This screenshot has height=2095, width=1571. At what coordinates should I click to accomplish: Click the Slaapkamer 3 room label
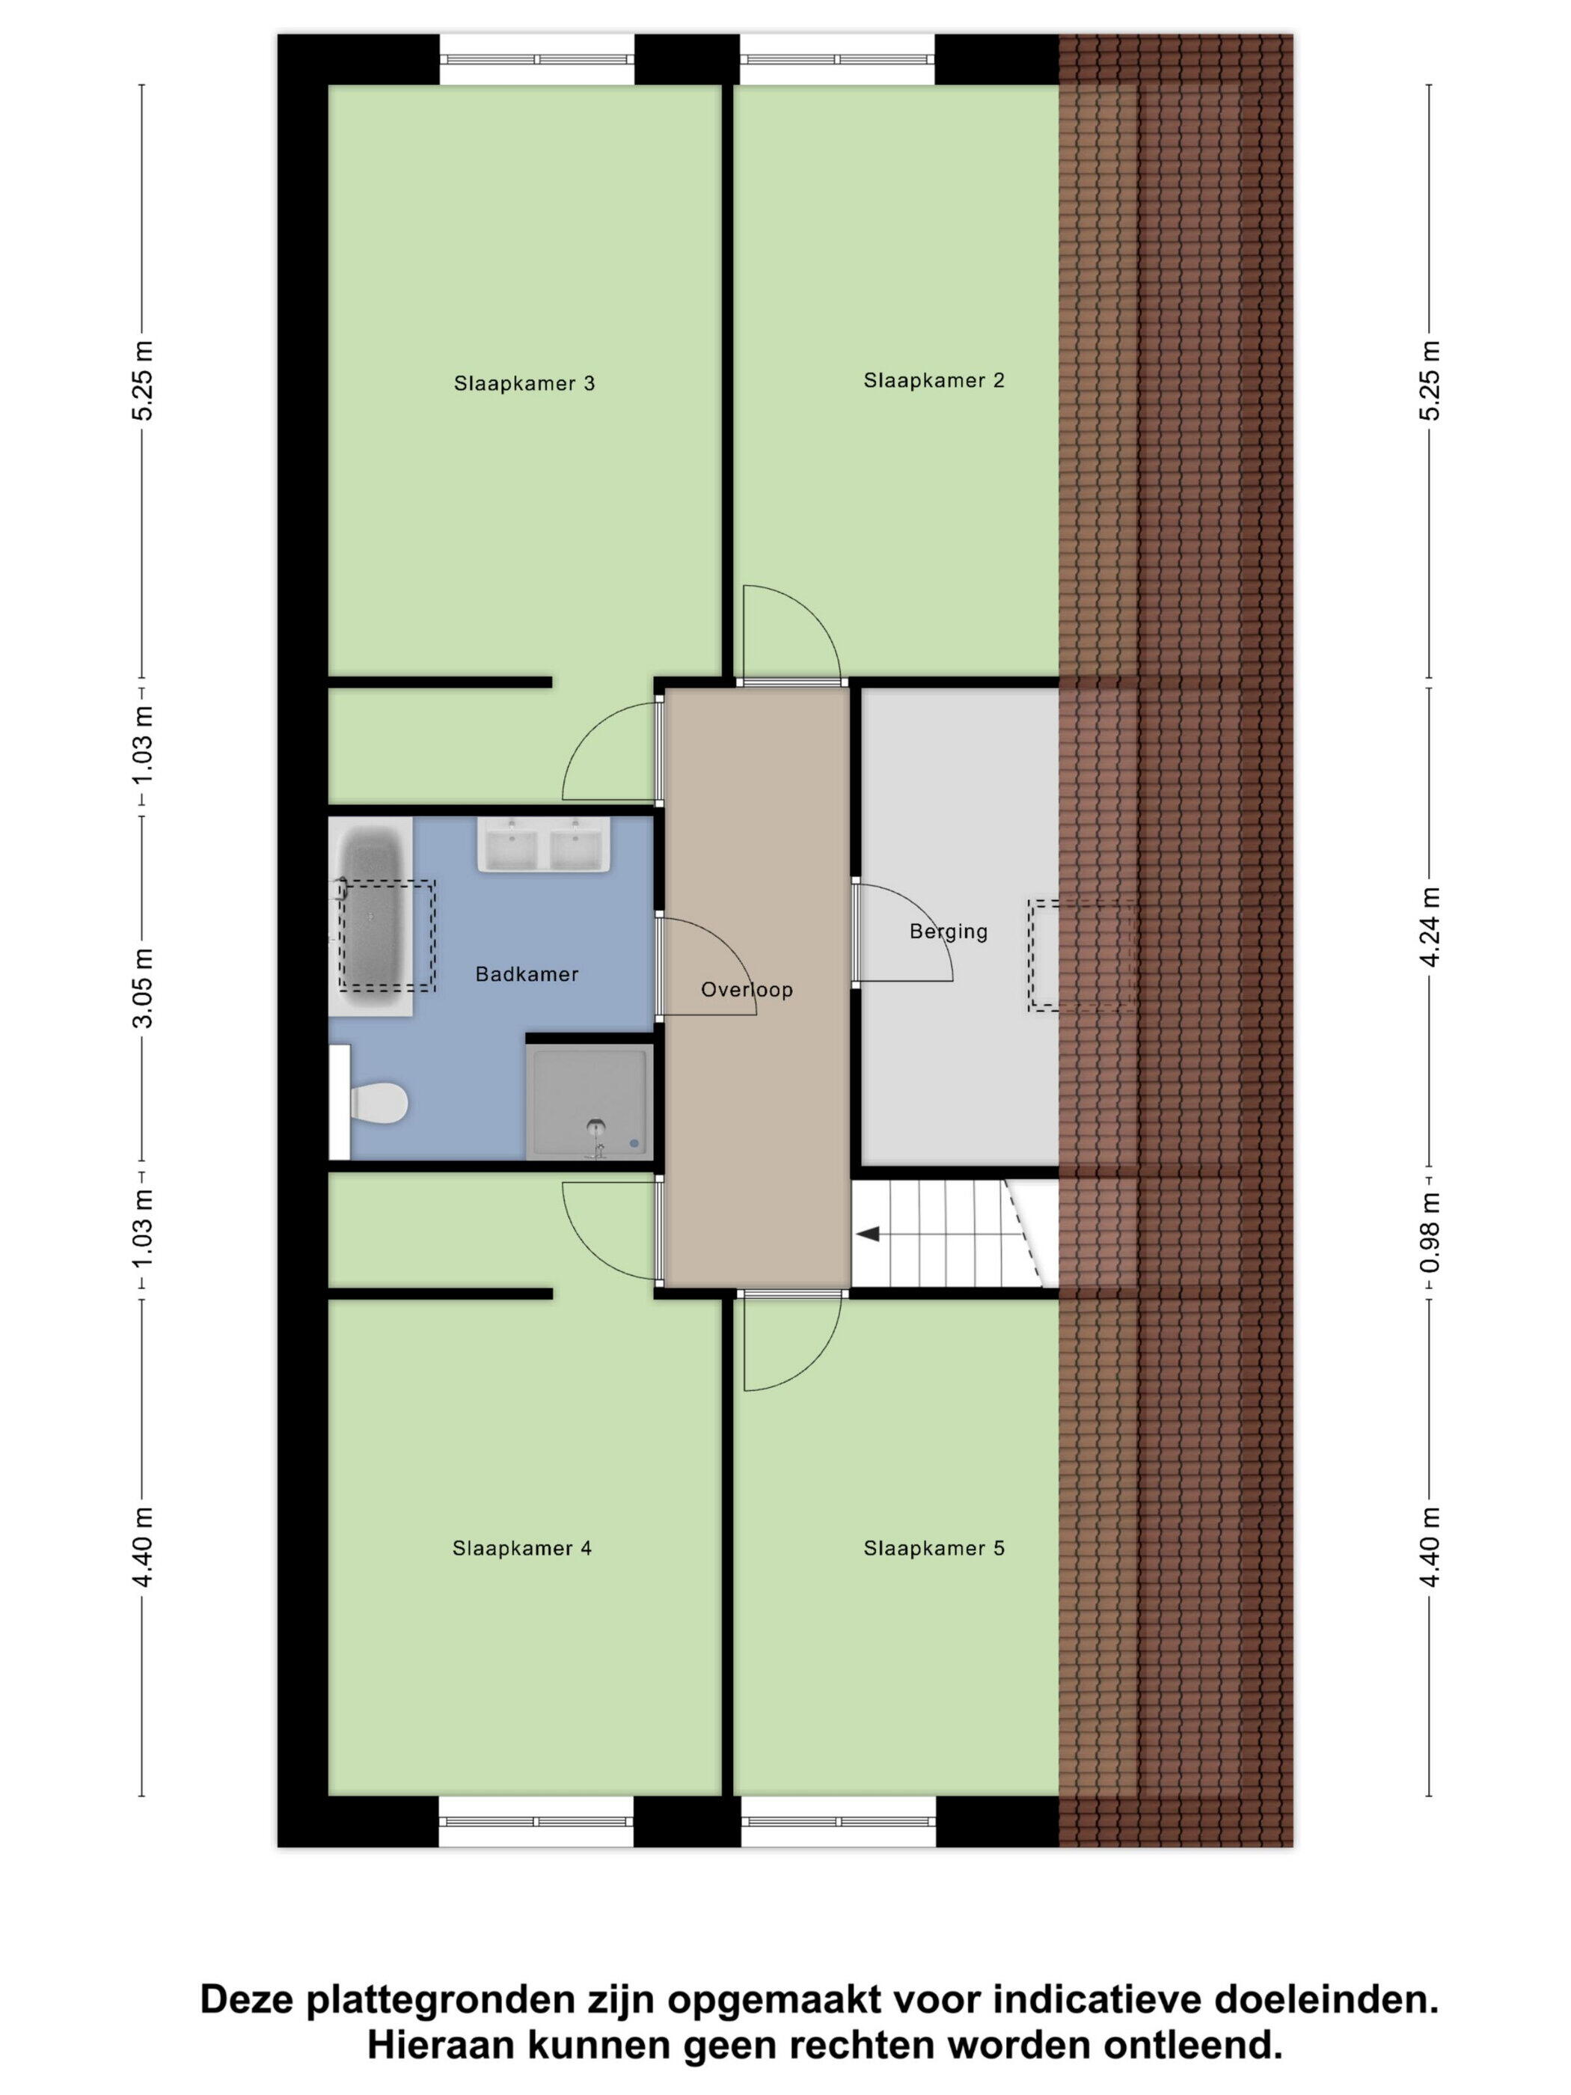pyautogui.click(x=524, y=384)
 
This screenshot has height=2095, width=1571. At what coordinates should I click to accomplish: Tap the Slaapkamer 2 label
pyautogui.click(x=934, y=381)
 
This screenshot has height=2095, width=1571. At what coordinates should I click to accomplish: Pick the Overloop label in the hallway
pyautogui.click(x=746, y=990)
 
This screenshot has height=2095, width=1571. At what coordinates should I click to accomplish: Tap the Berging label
pyautogui.click(x=948, y=932)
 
